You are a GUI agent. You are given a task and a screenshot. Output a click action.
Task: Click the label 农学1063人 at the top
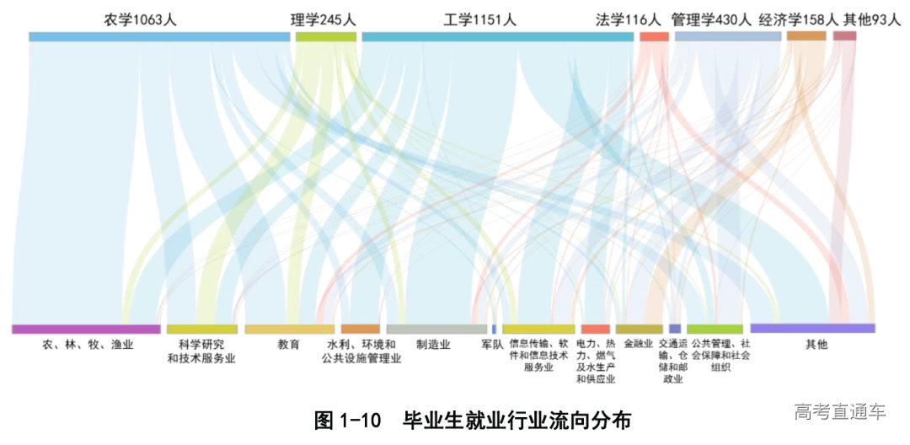click(x=141, y=19)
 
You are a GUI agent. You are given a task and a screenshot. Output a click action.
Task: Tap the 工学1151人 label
click(x=479, y=19)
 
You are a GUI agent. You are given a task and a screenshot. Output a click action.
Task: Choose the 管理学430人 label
click(x=711, y=19)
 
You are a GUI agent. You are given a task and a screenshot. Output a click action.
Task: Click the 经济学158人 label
click(x=800, y=19)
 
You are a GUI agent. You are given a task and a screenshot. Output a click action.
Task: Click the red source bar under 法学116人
click(x=654, y=36)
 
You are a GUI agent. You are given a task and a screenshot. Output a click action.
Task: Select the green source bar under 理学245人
click(x=326, y=36)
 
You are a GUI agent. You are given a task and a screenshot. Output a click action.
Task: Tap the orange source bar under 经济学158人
click(x=806, y=36)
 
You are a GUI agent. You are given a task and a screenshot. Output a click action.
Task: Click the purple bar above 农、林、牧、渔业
click(x=86, y=329)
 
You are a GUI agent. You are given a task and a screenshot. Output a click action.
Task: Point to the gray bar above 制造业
click(x=436, y=329)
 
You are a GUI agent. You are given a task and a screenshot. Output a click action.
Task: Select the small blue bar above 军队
click(x=494, y=329)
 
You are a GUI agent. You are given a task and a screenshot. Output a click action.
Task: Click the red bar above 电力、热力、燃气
click(x=595, y=329)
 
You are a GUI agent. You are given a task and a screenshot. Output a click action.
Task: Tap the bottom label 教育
click(x=288, y=345)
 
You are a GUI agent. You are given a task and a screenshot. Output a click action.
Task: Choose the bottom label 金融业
click(x=639, y=345)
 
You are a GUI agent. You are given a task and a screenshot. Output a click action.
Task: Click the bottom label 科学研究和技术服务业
click(x=201, y=351)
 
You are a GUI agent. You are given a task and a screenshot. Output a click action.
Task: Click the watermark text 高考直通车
click(x=840, y=412)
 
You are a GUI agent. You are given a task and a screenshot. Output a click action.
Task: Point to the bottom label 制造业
click(x=433, y=345)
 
